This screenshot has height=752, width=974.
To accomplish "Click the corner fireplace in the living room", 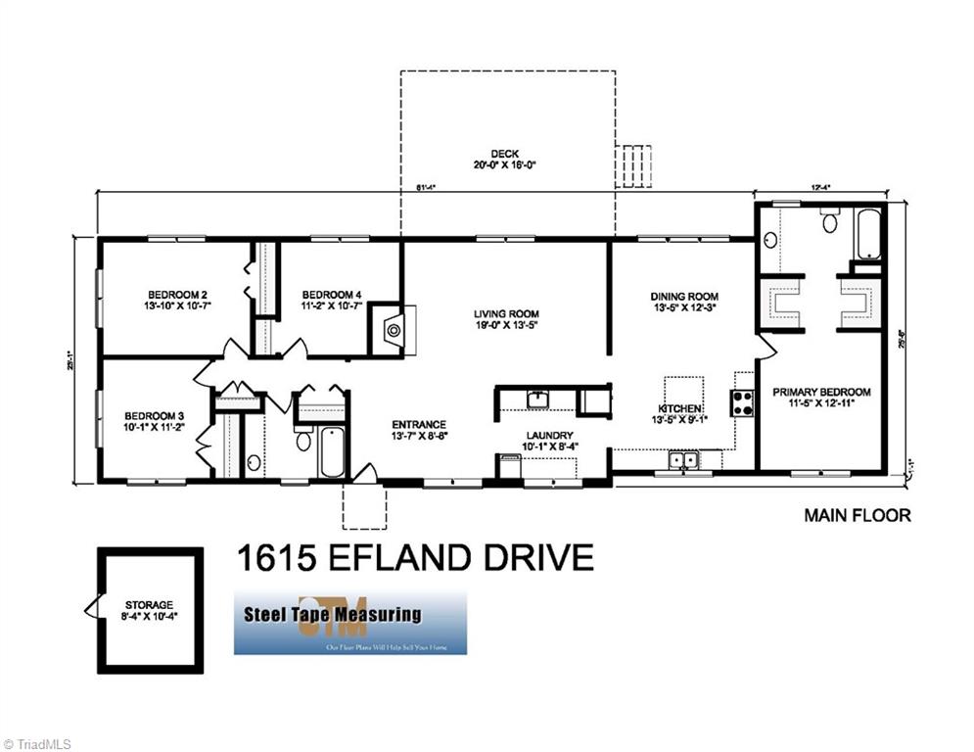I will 393,330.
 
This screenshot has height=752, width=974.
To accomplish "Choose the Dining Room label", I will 684,296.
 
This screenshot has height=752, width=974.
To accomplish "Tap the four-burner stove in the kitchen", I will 742,402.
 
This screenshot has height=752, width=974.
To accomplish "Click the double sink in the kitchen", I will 681,459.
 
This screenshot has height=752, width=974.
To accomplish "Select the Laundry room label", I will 547,436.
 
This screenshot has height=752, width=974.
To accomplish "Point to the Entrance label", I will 419,424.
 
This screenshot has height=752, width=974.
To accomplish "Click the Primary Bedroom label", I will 821,392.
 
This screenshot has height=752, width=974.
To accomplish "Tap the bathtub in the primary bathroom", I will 866,233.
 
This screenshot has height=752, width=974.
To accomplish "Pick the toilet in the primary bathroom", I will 830,222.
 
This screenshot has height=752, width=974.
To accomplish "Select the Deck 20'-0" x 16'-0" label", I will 505,160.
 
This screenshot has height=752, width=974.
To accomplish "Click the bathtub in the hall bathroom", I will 332,451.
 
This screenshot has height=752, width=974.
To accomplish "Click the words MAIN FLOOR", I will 857,515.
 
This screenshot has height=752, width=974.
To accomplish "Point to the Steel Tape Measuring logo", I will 349,622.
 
